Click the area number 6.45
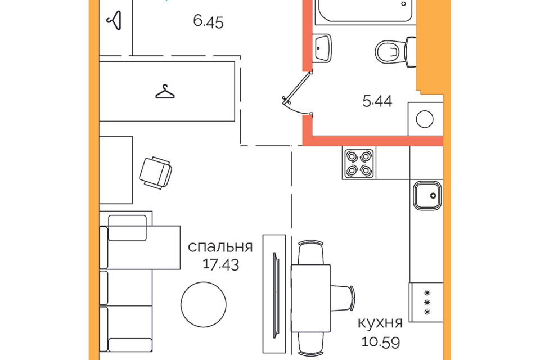(x=208, y=22)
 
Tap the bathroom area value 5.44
(x=377, y=101)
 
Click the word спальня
(x=220, y=247)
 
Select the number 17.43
(x=220, y=264)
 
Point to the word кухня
(x=380, y=323)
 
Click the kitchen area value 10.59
(x=381, y=342)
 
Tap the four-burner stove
(x=359, y=163)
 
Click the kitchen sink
(x=427, y=196)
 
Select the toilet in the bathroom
(x=395, y=52)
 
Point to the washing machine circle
(x=425, y=119)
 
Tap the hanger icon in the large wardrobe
(x=165, y=92)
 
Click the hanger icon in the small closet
(x=115, y=20)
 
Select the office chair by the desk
(x=156, y=173)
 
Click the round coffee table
(x=204, y=304)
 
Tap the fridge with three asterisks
(x=426, y=302)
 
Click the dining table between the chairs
(x=311, y=298)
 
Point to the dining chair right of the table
(x=343, y=298)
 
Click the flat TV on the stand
(x=276, y=295)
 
